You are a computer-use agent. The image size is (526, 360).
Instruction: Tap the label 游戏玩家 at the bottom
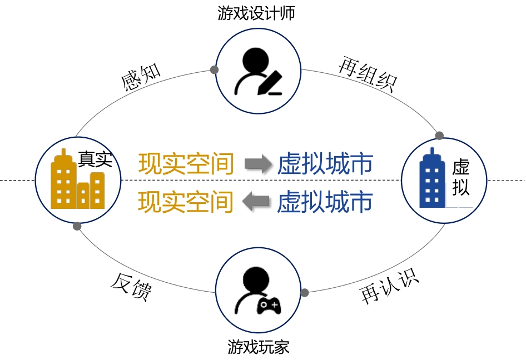pyautogui.click(x=259, y=348)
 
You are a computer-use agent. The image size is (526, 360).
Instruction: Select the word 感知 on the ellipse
pyautogui.click(x=141, y=78)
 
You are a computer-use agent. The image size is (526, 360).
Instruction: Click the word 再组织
pyautogui.click(x=368, y=76)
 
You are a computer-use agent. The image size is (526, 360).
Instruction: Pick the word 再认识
pyautogui.click(x=389, y=287)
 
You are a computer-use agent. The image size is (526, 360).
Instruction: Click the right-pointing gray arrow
pyautogui.click(x=257, y=164)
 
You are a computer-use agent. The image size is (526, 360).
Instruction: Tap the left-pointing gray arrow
pyautogui.click(x=257, y=202)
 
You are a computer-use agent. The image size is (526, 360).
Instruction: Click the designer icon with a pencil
pyautogui.click(x=258, y=72)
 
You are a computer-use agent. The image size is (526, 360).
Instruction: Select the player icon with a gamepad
pyautogui.click(x=258, y=292)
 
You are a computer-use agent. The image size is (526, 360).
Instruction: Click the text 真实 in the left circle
pyautogui.click(x=95, y=159)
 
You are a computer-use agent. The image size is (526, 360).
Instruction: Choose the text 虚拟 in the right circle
pyautogui.click(x=460, y=177)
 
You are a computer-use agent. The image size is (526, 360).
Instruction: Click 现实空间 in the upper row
pyautogui.click(x=186, y=164)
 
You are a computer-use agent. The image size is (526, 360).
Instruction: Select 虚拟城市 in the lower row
pyautogui.click(x=325, y=202)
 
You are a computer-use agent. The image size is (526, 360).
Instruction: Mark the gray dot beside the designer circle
pyautogui.click(x=214, y=70)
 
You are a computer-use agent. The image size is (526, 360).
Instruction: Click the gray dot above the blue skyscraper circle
pyautogui.click(x=439, y=136)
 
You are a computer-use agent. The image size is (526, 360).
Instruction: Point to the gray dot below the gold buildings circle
pyautogui.click(x=77, y=226)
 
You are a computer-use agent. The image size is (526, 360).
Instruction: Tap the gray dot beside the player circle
pyautogui.click(x=305, y=292)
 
